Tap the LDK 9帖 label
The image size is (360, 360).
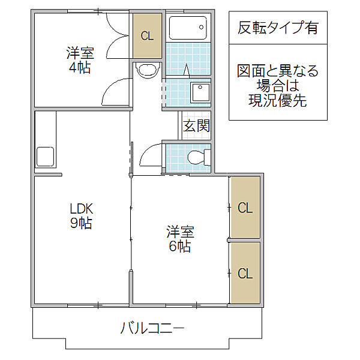[x=80, y=216]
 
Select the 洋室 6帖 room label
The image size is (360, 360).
[x=179, y=238]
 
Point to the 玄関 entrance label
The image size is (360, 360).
[x=196, y=126]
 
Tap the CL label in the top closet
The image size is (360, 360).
[x=147, y=35]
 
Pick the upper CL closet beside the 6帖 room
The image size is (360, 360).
[x=245, y=208]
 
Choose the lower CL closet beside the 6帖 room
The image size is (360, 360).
[x=245, y=274]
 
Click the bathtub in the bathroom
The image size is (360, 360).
[x=188, y=28]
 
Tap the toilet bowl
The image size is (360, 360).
[x=197, y=158]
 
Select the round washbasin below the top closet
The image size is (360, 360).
[x=146, y=70]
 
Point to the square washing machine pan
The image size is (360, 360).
[x=199, y=92]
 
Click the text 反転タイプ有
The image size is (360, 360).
[x=278, y=27]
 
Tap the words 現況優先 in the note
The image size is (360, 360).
[x=277, y=101]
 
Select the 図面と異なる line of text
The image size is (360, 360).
[x=277, y=72]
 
